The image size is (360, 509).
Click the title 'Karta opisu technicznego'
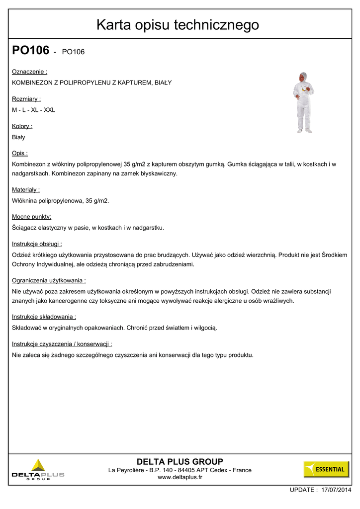178,24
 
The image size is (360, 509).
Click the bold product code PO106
31,51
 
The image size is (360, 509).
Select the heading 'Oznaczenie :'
29,72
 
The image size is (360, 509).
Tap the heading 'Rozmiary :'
26,99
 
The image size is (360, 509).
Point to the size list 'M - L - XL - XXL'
33,110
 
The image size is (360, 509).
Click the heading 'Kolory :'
22,126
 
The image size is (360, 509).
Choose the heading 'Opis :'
20,154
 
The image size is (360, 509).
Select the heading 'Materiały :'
26,190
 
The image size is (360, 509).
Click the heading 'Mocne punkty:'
32,217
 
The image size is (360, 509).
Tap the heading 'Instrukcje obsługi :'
37,244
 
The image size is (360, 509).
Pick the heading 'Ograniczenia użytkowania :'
49,280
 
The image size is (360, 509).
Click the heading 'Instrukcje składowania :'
44,317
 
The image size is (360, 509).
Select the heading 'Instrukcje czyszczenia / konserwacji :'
62,344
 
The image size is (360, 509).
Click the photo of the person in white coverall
303,103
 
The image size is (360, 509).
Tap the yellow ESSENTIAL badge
326,469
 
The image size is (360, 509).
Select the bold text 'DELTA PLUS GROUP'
180,462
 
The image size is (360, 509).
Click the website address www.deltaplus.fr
180,478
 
